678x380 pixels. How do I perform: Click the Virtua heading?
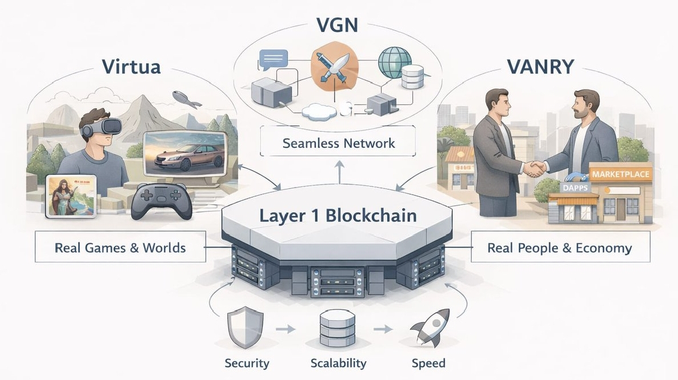pos(131,66)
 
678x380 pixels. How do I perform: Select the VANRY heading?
pos(540,66)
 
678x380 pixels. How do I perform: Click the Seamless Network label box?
pos(338,142)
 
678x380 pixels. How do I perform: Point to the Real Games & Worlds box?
pos(120,248)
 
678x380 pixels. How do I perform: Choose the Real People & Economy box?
pos(559,248)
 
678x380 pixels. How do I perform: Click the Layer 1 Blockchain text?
pos(338,216)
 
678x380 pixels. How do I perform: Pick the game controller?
pos(159,201)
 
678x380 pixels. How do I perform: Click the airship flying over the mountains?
pos(186,99)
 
